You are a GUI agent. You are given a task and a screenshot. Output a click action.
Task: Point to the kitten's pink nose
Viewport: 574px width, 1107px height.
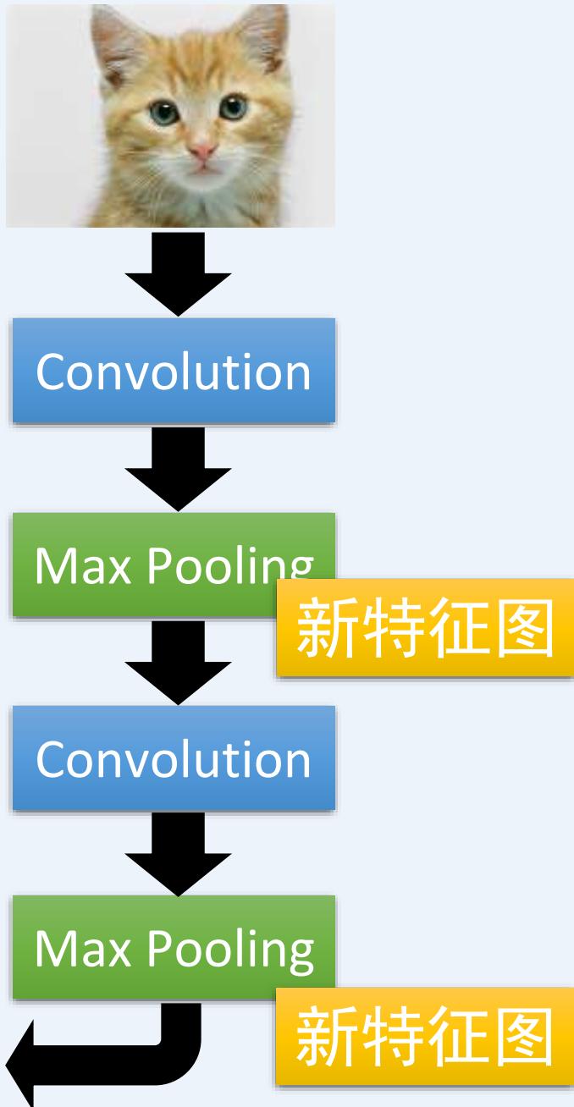point(202,151)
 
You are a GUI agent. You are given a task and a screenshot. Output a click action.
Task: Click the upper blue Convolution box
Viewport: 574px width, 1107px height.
point(173,371)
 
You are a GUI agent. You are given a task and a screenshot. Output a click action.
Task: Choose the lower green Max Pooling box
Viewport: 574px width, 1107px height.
point(173,950)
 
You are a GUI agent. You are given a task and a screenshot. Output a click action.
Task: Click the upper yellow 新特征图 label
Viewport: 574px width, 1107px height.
point(425,628)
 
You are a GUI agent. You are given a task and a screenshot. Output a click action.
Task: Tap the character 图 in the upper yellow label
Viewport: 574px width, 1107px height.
point(522,628)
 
